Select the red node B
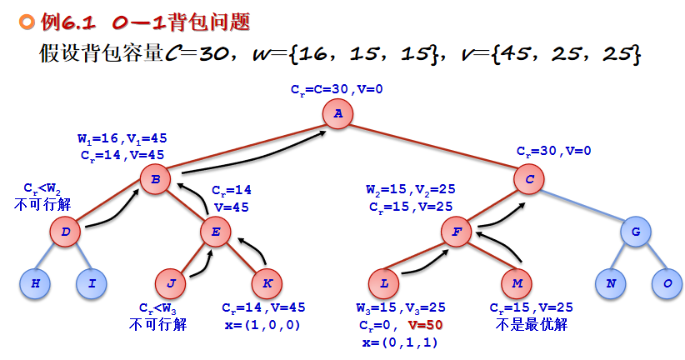155,177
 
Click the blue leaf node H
36,283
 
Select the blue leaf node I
92,283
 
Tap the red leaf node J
171,283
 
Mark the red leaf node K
267,283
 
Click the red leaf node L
384,283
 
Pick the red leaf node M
517,283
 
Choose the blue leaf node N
611,283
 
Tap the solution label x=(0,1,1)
399,342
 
